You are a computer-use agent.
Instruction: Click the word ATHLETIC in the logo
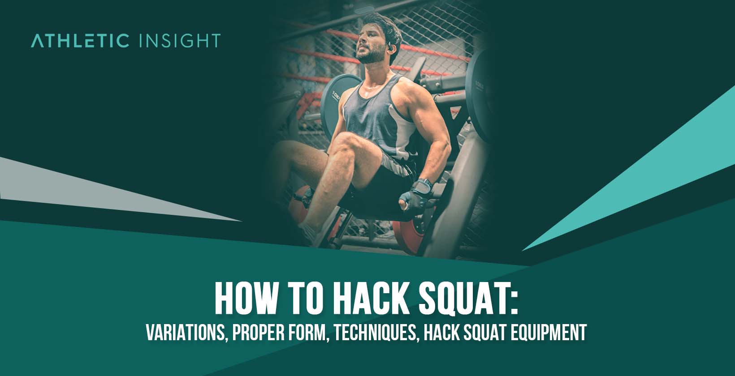(80, 40)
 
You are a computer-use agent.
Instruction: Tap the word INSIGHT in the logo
(179, 40)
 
